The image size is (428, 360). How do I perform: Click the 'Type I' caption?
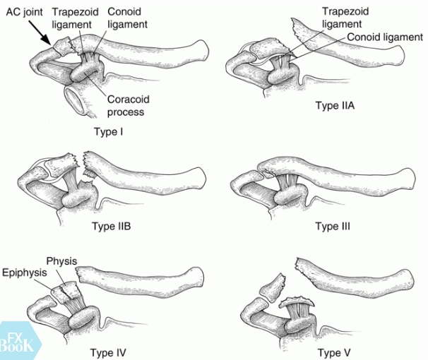click(109, 131)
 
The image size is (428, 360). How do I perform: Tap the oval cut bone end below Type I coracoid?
click(76, 100)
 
